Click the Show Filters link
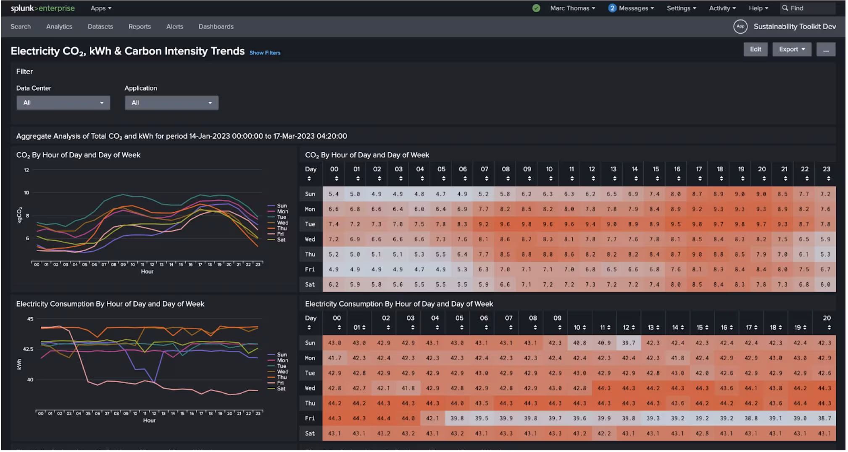(265, 53)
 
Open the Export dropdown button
(791, 49)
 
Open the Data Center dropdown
(63, 102)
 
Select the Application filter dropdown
(171, 102)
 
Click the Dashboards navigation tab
(216, 26)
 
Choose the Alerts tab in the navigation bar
(174, 26)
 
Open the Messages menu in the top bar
(631, 8)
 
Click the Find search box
(807, 8)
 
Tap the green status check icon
(536, 8)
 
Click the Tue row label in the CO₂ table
(310, 224)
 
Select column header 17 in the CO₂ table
(698, 169)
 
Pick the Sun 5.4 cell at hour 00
(334, 194)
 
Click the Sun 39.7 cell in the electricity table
(628, 343)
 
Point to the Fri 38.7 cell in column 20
(824, 418)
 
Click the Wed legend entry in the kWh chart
(282, 371)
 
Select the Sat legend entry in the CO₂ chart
(281, 239)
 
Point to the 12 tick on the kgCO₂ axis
(26, 170)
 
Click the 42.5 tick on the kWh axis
(28, 349)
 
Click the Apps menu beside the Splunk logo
(101, 8)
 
